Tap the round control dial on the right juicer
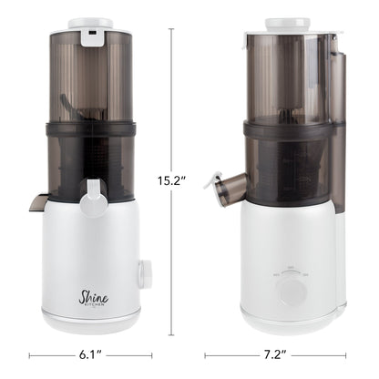point(291,291)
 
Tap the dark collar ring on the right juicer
point(290,130)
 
